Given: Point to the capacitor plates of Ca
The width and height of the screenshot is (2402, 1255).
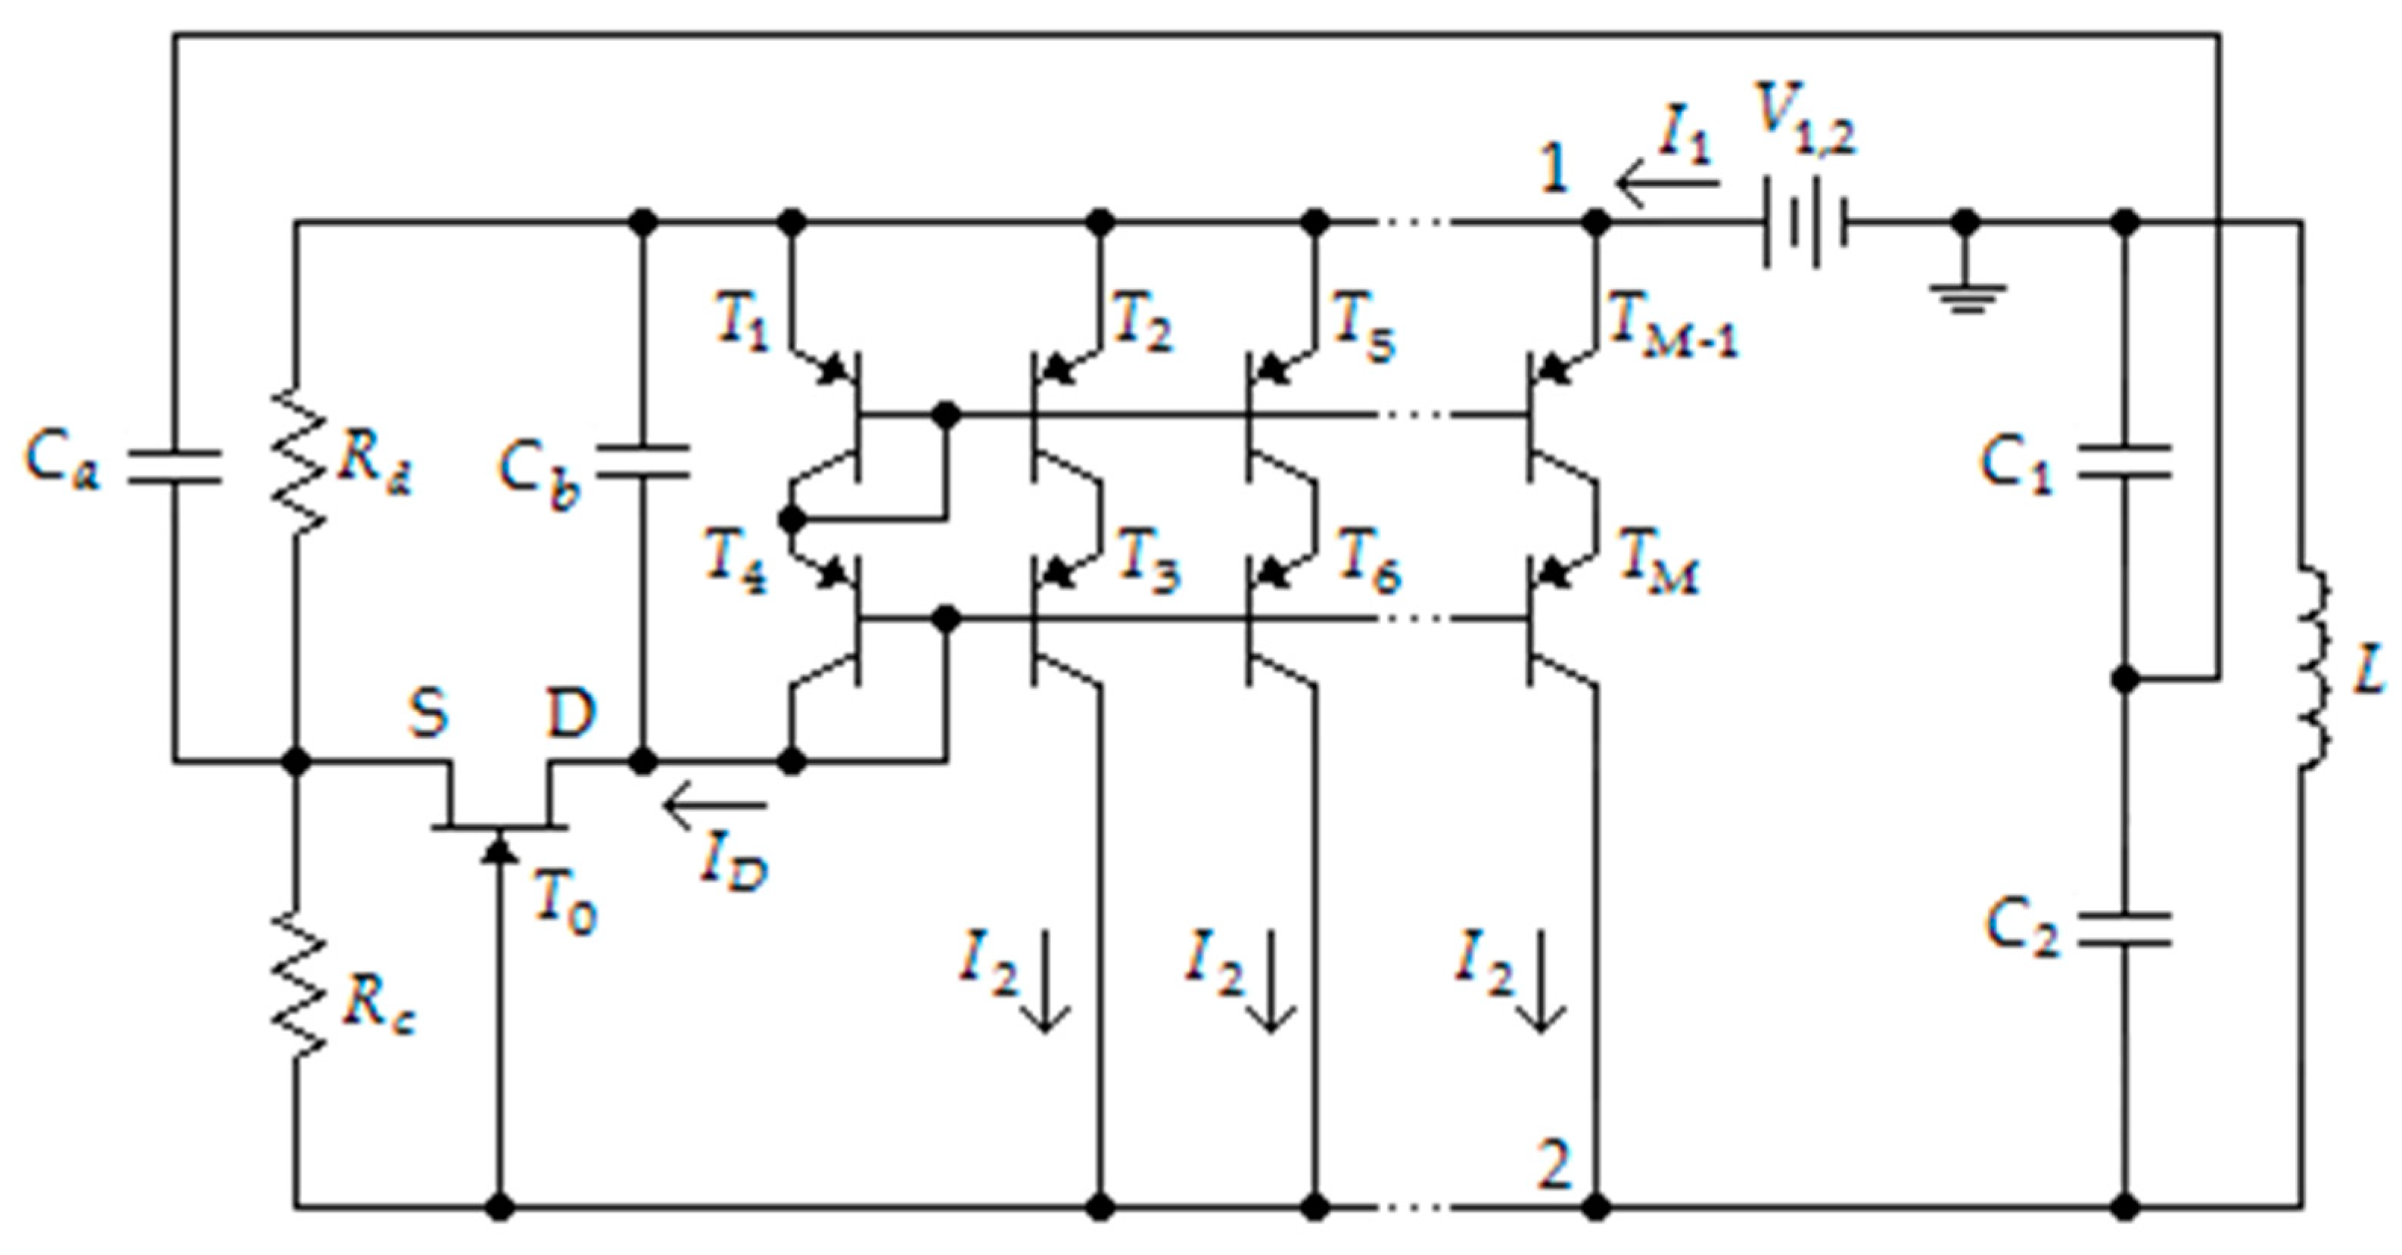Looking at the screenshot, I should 173,466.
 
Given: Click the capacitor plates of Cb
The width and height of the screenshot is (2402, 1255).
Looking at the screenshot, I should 643,461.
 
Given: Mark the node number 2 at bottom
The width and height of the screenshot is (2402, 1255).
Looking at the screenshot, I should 1554,1166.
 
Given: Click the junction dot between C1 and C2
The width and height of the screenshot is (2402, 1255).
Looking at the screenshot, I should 2125,680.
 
